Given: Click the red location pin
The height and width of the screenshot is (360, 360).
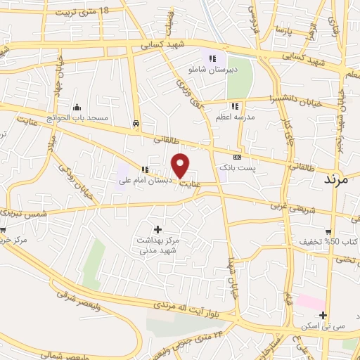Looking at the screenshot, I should click(181, 165).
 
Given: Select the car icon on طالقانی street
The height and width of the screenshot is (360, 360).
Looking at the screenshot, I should click(134, 124).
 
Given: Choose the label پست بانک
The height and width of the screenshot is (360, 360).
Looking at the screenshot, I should click(255, 169).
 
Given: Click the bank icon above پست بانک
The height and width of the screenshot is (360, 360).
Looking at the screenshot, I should click(237, 157).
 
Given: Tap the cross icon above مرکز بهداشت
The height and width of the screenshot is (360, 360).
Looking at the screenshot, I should click(157, 229).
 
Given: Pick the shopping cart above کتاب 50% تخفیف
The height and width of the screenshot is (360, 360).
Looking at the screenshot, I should click(328, 231).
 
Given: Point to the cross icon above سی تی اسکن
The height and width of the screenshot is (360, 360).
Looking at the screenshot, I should click(322, 315).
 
